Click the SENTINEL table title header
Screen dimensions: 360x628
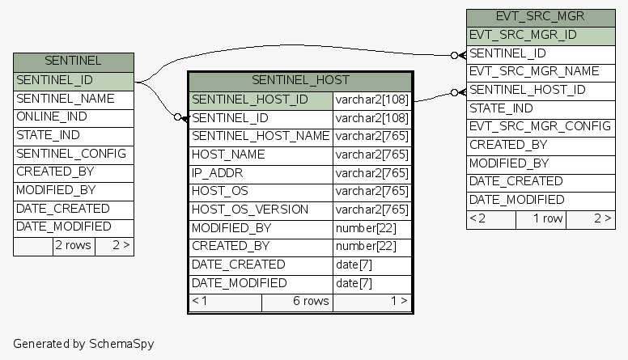(x=73, y=61)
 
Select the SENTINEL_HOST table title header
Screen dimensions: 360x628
(x=300, y=81)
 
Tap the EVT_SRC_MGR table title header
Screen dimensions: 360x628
(x=540, y=17)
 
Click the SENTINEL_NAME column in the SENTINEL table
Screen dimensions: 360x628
(x=66, y=99)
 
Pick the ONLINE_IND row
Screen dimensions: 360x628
(x=52, y=117)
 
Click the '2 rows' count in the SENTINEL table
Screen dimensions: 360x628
(x=73, y=245)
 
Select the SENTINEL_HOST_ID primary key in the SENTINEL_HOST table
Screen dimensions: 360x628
(x=250, y=100)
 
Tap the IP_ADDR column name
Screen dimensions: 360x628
(x=218, y=173)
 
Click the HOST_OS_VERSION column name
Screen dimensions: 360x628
(x=250, y=210)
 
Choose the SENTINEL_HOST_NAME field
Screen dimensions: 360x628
(x=261, y=136)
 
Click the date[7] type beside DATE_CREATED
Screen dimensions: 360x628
(x=354, y=265)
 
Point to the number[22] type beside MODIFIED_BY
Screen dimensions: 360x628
(x=366, y=228)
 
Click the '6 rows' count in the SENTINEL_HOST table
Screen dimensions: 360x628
(x=311, y=302)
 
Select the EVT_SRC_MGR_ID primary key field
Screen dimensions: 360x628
(x=523, y=35)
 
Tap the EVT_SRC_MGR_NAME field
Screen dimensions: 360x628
(x=534, y=71)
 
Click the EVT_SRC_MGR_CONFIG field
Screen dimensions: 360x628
(x=540, y=126)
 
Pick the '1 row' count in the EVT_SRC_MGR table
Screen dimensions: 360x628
(x=547, y=218)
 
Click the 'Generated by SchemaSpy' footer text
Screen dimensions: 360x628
(x=83, y=344)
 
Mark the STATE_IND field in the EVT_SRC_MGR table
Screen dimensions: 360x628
(x=501, y=108)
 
